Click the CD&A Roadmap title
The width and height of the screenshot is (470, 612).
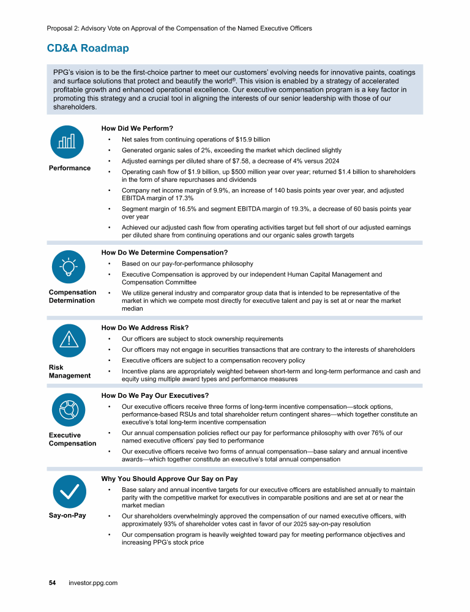point(88,48)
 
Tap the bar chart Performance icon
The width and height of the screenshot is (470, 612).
point(67,141)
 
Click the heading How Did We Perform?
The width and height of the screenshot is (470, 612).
point(137,129)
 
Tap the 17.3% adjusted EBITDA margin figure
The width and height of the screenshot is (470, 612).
point(184,198)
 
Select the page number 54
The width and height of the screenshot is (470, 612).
point(53,583)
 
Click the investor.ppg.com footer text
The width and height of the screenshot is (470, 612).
point(93,583)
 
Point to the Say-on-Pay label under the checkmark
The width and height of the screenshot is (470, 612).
point(67,515)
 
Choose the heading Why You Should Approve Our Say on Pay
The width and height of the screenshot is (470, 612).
point(169,479)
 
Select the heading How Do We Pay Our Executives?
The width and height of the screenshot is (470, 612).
point(155,395)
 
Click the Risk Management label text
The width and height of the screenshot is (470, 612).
point(70,371)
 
